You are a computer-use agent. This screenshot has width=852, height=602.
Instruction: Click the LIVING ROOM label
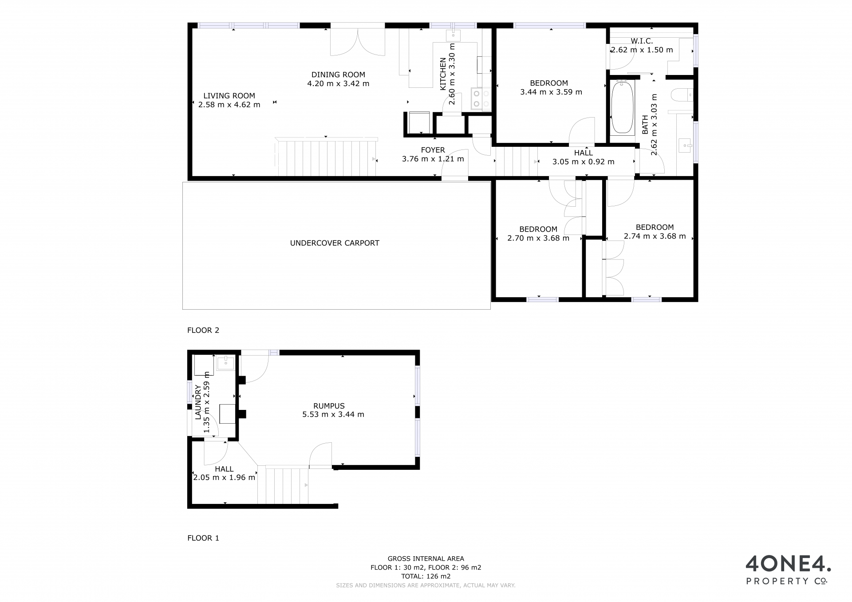229,96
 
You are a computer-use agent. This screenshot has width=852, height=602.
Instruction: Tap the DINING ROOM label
338,75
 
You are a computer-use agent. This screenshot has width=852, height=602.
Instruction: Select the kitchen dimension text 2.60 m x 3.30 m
452,74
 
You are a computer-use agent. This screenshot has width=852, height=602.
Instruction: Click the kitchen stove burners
481,99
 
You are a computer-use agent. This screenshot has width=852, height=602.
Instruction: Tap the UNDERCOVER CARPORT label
335,243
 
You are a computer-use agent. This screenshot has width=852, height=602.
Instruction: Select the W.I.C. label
642,41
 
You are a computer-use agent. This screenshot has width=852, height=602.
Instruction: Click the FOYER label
433,150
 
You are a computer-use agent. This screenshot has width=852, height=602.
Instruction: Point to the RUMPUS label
329,406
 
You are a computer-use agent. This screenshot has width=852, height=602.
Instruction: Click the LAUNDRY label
198,402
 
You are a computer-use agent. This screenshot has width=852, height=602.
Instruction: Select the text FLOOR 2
203,330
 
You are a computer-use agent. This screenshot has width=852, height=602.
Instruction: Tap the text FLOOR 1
203,538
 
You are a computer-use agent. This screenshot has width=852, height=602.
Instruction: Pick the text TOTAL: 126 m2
426,576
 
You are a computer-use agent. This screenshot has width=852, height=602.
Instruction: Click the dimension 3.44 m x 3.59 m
551,92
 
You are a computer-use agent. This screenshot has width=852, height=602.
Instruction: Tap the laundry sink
227,363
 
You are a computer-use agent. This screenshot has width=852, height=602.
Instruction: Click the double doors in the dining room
358,41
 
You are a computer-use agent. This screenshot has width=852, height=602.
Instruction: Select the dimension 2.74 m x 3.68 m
655,236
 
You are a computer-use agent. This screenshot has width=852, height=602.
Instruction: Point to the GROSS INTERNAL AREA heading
426,559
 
